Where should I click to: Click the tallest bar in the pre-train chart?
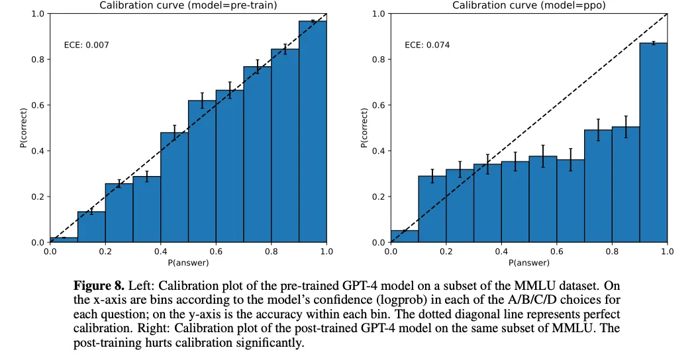313,132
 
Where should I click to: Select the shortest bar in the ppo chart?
404,236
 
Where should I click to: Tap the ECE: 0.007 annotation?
86,45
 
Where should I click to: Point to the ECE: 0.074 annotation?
427,45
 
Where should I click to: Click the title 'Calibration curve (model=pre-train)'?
188,5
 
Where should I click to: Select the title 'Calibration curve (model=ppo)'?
528,5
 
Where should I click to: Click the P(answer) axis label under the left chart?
188,263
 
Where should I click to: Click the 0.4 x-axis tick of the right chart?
501,251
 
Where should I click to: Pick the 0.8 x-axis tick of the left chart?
271,251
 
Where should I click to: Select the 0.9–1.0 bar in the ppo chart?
653,142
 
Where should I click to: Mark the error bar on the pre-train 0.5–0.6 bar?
202,100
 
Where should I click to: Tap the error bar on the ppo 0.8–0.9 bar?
626,126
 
